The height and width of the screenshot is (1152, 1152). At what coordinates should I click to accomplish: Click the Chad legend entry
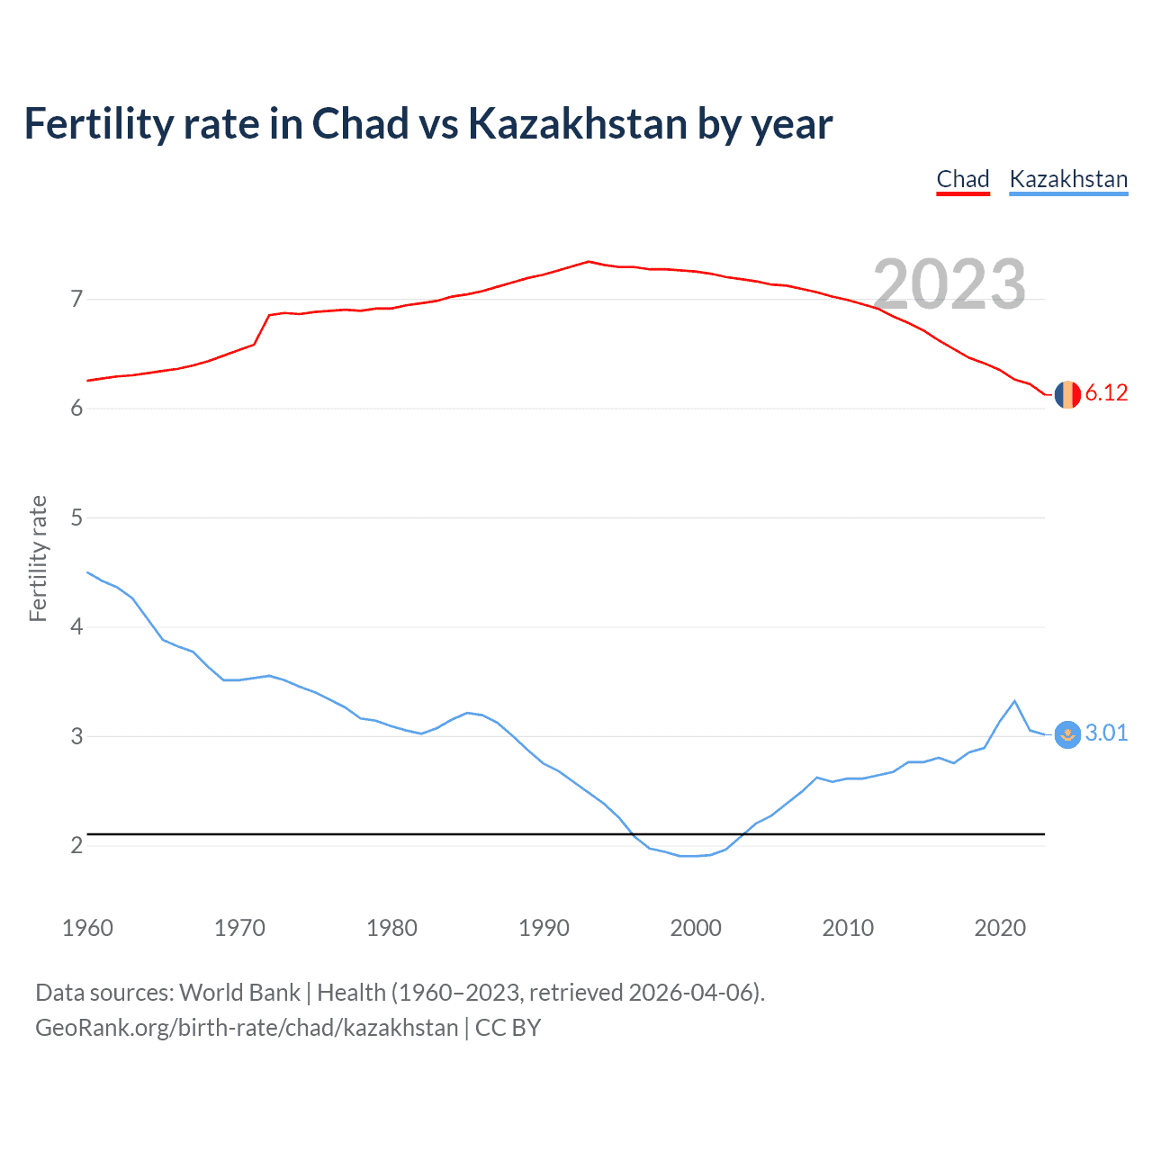click(962, 179)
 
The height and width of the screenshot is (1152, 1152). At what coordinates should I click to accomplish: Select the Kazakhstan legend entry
click(1068, 179)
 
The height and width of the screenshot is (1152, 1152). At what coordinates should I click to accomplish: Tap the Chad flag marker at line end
click(1067, 394)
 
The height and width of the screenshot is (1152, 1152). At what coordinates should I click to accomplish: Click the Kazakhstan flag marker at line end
click(1067, 734)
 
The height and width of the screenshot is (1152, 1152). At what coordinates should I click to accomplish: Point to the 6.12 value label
click(1106, 393)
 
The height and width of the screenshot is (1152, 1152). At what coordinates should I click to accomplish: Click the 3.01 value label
click(1106, 733)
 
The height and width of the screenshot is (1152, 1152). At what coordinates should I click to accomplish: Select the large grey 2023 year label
click(949, 284)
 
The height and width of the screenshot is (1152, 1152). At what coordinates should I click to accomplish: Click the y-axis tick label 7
click(76, 299)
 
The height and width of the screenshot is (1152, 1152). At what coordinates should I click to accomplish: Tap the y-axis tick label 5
click(76, 517)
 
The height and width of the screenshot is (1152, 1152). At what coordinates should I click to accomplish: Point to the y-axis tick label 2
click(76, 845)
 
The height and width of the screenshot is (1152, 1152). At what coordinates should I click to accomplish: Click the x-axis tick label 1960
click(87, 928)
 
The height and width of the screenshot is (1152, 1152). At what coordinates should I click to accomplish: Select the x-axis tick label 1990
click(544, 928)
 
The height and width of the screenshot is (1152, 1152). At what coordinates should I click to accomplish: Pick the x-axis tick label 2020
click(1000, 928)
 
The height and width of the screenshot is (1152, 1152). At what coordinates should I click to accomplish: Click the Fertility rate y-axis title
click(38, 558)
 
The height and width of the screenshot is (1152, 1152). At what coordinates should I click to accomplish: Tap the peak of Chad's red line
click(589, 262)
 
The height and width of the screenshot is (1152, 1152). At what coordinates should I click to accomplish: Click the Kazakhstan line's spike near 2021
click(1014, 701)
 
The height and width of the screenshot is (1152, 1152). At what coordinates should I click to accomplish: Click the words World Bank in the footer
click(239, 993)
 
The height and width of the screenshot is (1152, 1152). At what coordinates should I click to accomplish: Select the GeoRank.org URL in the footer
click(247, 1028)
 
